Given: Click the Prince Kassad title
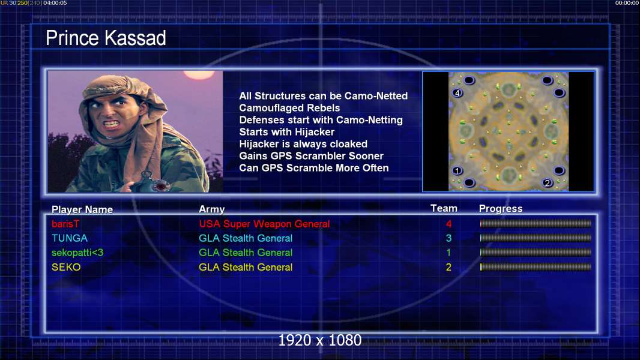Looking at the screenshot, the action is click(106, 38).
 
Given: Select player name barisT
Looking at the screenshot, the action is click(65, 224).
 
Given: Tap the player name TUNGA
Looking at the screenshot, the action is click(70, 238).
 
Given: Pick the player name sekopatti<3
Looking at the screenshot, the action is click(77, 253).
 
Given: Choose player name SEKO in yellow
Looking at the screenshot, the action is click(66, 267).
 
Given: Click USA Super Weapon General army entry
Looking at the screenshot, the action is click(264, 224).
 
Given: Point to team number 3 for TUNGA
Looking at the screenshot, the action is click(448, 238).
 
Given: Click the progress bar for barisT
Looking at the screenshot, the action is click(536, 223).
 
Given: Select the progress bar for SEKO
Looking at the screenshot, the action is click(536, 267).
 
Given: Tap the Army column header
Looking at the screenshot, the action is click(211, 209).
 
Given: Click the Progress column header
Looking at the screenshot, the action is click(500, 209).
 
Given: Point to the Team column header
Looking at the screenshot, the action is click(444, 208).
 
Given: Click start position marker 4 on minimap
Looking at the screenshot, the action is click(457, 93).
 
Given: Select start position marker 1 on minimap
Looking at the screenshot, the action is click(457, 171).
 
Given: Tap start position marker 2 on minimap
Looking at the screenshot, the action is click(548, 182).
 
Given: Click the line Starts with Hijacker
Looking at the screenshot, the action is click(286, 132).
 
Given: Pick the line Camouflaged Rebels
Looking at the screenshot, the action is click(289, 108).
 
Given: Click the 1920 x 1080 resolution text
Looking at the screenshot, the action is click(319, 340).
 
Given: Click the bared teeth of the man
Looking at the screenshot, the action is click(112, 123).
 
